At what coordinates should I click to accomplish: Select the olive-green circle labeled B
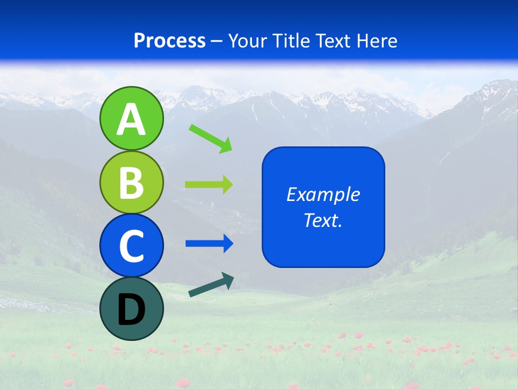132,182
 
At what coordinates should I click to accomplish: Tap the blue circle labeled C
132,246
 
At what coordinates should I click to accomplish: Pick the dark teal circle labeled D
132,308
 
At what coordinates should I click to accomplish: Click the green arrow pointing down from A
210,139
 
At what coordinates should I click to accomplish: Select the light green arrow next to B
209,185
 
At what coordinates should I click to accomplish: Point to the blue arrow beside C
209,244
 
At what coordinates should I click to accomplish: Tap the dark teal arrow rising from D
211,285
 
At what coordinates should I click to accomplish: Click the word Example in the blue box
323,194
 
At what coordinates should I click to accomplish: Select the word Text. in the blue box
323,220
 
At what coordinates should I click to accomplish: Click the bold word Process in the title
169,41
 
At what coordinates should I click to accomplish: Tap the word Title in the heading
291,41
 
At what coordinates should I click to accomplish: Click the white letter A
132,120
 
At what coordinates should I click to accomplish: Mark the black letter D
132,310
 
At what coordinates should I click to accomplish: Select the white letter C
132,247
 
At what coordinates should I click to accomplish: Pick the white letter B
132,183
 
